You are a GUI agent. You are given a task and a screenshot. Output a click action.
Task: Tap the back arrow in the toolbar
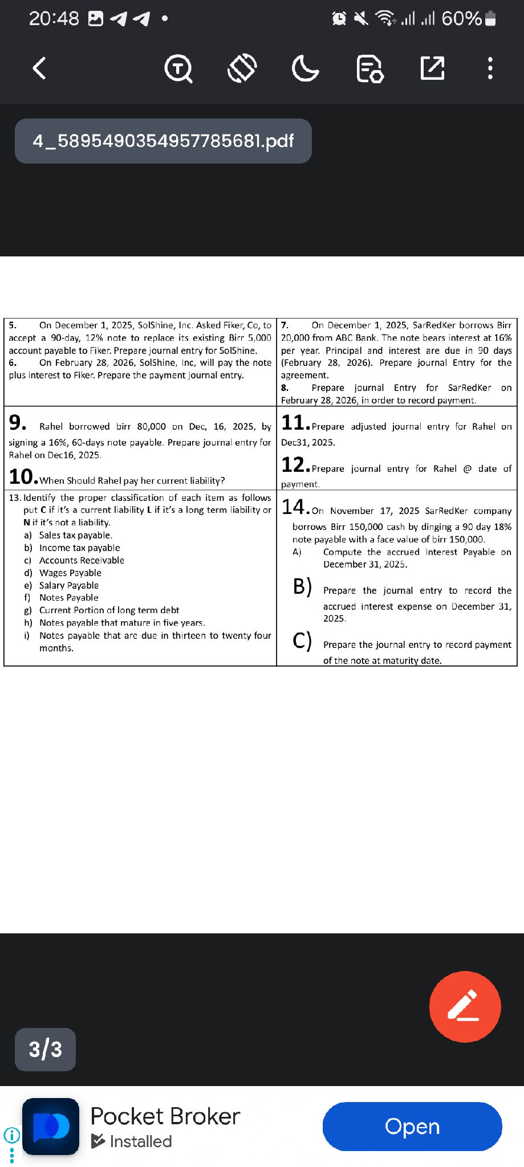[39, 68]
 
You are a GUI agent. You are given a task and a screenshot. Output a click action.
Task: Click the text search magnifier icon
[178, 69]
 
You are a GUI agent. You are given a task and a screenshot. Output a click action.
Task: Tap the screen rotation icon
[242, 68]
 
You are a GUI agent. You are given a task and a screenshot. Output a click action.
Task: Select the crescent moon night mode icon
[305, 69]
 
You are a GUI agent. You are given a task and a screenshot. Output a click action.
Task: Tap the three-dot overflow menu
[490, 68]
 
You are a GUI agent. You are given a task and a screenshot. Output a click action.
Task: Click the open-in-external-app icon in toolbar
[432, 68]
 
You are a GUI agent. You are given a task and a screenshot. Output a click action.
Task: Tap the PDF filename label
[163, 141]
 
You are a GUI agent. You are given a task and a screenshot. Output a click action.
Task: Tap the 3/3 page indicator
[45, 1049]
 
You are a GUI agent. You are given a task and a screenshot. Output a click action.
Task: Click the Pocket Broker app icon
[51, 1126]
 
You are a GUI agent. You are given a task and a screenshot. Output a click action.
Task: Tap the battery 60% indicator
[468, 19]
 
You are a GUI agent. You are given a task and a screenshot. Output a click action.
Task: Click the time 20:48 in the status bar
[54, 19]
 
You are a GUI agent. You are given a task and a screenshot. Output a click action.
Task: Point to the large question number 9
[17, 423]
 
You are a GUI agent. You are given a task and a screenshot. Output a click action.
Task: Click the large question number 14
[295, 507]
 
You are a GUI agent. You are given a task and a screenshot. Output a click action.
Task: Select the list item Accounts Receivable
[82, 560]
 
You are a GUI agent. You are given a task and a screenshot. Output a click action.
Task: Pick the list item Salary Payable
[69, 585]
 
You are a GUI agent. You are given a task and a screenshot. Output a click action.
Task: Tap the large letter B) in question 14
[302, 586]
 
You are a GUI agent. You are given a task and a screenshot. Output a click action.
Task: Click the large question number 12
[295, 465]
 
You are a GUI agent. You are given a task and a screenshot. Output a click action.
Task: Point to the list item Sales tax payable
[76, 535]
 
